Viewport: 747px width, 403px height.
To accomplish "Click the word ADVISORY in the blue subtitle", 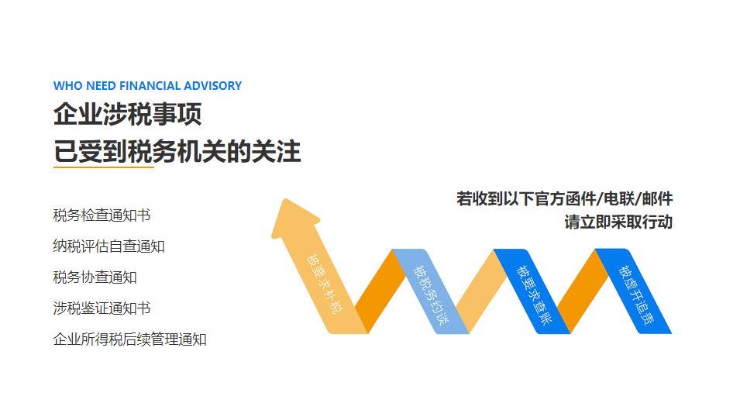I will click(213, 86).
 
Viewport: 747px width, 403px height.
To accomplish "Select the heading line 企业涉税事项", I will click(127, 115).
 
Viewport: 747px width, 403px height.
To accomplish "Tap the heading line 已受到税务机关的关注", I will click(177, 151).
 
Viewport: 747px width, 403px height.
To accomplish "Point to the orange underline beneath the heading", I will click(104, 167).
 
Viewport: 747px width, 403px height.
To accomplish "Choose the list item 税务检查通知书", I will click(102, 215).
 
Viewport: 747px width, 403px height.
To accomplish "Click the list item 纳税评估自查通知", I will click(108, 246).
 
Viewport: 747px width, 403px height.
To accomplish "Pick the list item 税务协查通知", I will click(95, 277).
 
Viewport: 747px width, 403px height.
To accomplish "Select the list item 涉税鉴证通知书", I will click(102, 308).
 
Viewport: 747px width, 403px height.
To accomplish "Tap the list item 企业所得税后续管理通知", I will click(129, 339).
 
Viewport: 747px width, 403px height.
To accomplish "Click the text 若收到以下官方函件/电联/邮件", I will click(564, 198).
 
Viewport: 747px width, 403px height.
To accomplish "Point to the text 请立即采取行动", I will click(618, 222).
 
